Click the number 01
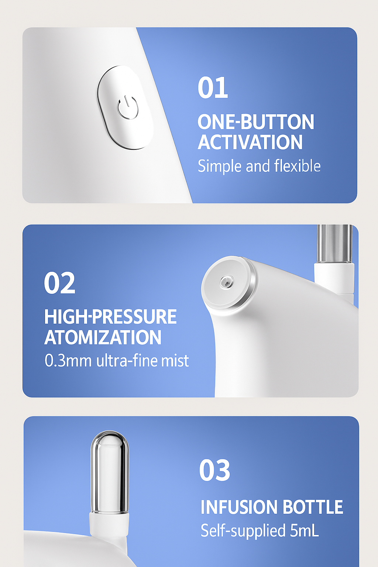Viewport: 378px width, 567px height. click(x=213, y=87)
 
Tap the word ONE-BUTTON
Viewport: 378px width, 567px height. click(x=256, y=122)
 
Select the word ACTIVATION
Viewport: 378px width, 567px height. click(x=250, y=142)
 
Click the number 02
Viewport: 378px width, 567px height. click(x=59, y=282)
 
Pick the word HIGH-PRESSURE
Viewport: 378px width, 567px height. click(x=110, y=316)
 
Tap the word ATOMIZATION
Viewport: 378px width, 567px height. click(x=103, y=337)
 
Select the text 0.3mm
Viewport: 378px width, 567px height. click(x=68, y=360)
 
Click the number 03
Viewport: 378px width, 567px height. click(x=215, y=470)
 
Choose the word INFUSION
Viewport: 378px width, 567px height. click(x=239, y=507)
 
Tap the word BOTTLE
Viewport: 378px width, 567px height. click(x=313, y=507)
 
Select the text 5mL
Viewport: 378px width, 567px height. click(x=304, y=530)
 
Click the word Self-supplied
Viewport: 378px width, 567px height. click(x=243, y=531)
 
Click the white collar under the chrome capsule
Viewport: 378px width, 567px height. click(x=109, y=524)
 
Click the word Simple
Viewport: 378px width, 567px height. click(x=220, y=166)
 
